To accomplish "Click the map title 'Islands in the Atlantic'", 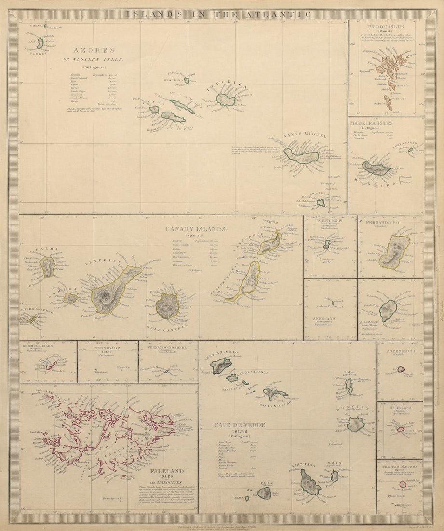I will [219, 14].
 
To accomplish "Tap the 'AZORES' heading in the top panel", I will [94, 50].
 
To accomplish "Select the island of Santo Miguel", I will [301, 156].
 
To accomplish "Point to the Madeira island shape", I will [376, 168].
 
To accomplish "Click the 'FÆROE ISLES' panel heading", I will [388, 27].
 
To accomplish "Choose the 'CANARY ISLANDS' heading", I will [195, 229].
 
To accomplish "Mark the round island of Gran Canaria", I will [167, 306].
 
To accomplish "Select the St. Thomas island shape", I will [388, 310].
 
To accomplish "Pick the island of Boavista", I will [356, 424].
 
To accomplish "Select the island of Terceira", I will [225, 99].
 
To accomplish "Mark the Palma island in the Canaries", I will [47, 266].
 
